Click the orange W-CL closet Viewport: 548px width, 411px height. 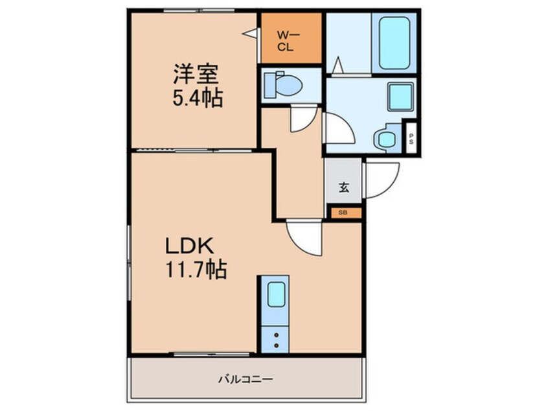(291, 38)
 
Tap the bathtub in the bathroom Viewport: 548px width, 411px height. (394, 42)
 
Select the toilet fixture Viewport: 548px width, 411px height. (283, 84)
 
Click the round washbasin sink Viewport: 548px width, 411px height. (387, 138)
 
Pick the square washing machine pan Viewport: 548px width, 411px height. (399, 97)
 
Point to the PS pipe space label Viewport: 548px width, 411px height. (411, 139)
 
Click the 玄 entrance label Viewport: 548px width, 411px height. (343, 189)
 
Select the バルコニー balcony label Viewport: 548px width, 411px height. (244, 378)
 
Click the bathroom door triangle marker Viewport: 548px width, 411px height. (337, 65)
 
